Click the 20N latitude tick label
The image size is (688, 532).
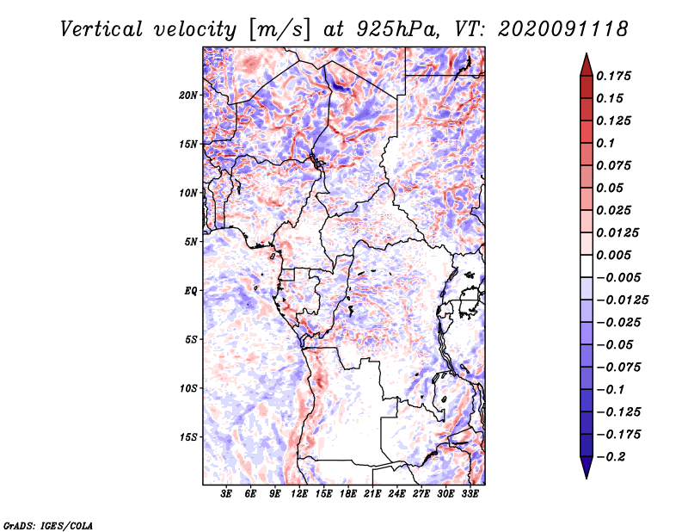(188, 95)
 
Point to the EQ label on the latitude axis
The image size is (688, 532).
(191, 291)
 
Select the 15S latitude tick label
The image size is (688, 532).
(188, 437)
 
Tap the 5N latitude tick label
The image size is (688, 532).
(191, 242)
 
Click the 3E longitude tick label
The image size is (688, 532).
(227, 494)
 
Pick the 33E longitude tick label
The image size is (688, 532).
(470, 494)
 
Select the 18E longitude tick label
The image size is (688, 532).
(348, 494)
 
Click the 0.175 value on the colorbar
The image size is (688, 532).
(616, 76)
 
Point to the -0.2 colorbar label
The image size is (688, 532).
(612, 456)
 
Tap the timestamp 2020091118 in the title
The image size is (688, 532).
(550, 28)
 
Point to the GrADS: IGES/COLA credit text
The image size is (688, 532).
(47, 524)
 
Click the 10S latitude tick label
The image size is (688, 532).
(188, 388)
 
